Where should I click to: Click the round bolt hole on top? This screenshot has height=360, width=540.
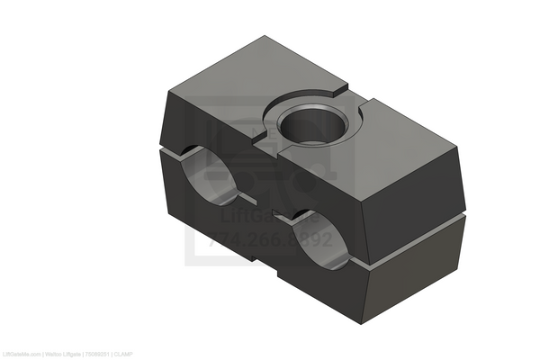tap(308, 125)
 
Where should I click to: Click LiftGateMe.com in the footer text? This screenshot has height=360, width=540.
tap(21, 354)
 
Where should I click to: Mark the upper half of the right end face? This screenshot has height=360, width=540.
tap(418, 193)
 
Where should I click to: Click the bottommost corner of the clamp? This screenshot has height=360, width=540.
tap(364, 322)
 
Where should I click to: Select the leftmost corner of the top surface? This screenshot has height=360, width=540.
tap(167, 91)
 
